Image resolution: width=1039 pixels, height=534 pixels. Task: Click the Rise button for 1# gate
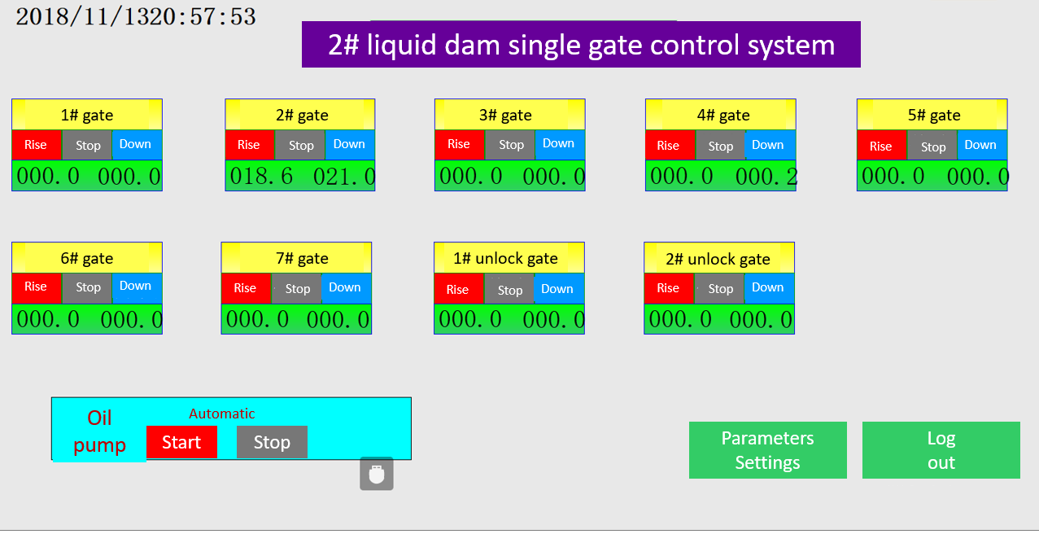pos(36,145)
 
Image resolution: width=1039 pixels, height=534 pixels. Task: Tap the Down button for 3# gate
pos(560,145)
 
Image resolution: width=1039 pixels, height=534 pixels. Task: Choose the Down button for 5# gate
pos(981,145)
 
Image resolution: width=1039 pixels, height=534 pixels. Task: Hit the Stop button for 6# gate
pos(87,288)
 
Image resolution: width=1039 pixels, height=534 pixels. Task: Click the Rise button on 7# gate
pos(246,288)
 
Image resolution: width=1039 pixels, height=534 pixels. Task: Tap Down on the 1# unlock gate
pos(558,288)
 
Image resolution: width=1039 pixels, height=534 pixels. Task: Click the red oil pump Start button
pos(181,442)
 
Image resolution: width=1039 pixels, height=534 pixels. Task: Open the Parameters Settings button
pos(767,450)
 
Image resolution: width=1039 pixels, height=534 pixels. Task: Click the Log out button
pos(941,450)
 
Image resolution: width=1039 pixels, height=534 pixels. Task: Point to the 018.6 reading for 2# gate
pos(261,177)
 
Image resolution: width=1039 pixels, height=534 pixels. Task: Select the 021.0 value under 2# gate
pos(343,177)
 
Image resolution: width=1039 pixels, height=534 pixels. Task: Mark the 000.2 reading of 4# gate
pos(766,177)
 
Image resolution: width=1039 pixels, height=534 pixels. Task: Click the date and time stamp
pos(136,17)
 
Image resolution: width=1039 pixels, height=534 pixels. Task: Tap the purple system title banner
pos(581,45)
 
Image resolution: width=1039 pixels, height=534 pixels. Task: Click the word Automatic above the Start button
pos(222,414)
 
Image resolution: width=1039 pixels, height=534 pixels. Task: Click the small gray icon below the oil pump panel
pos(377,474)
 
